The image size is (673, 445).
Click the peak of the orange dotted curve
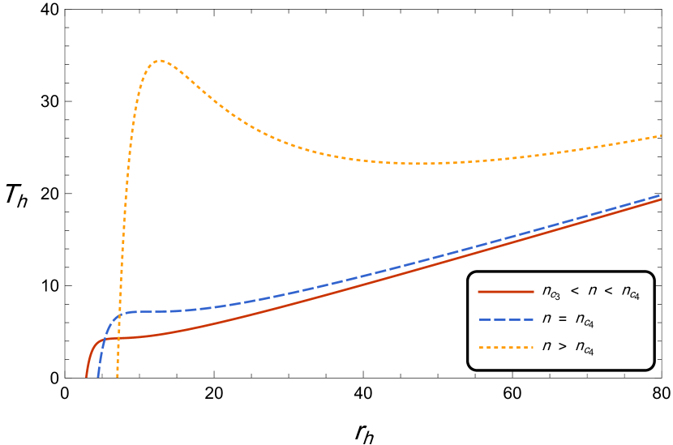pyautogui.click(x=160, y=60)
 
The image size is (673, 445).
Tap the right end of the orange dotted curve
pyautogui.click(x=661, y=135)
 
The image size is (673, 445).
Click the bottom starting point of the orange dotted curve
pyautogui.click(x=118, y=377)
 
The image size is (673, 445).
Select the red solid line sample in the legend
pyautogui.click(x=506, y=291)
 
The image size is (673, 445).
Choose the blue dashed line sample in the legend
pyautogui.click(x=506, y=319)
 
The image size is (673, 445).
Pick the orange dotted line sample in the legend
pyautogui.click(x=506, y=348)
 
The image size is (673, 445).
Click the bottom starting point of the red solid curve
pyautogui.click(x=87, y=377)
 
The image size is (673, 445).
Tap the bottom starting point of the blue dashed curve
pyautogui.click(x=98, y=377)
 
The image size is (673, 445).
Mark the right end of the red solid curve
pyautogui.click(x=661, y=199)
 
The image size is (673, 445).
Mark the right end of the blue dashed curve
pyautogui.click(x=661, y=195)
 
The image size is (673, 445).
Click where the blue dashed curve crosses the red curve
pyautogui.click(x=104, y=339)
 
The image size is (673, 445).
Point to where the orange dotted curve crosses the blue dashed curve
pyautogui.click(x=121, y=313)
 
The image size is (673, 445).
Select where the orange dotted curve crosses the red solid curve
pyautogui.click(x=119, y=337)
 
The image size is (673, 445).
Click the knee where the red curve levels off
pyautogui.click(x=102, y=340)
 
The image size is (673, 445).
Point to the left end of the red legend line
pyautogui.click(x=479, y=291)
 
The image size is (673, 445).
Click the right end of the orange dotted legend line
pyautogui.click(x=533, y=348)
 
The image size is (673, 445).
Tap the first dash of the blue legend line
pyautogui.click(x=484, y=319)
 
